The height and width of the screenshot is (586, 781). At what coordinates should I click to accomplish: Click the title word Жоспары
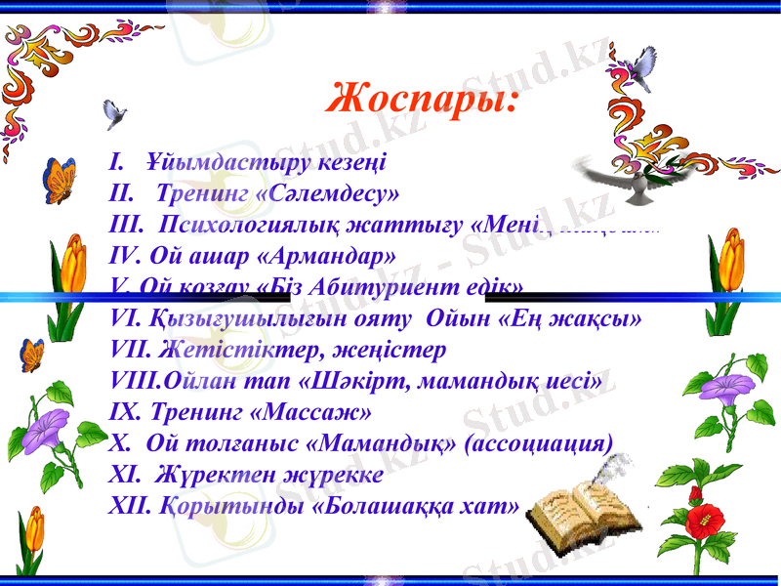(x=422, y=99)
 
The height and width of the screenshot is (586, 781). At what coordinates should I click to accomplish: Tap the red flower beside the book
(x=704, y=518)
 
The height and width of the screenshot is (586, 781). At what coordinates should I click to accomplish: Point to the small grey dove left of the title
(x=116, y=113)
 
